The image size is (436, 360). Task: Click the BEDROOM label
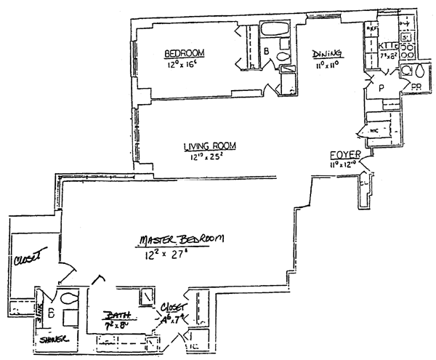(184, 52)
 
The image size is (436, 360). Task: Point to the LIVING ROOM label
(210, 145)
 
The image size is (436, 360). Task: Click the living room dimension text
(210, 156)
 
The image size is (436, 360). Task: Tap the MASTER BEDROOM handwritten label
(182, 240)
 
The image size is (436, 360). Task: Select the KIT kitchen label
(387, 47)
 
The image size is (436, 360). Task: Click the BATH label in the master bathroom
(116, 316)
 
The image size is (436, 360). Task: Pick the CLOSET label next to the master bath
(175, 308)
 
